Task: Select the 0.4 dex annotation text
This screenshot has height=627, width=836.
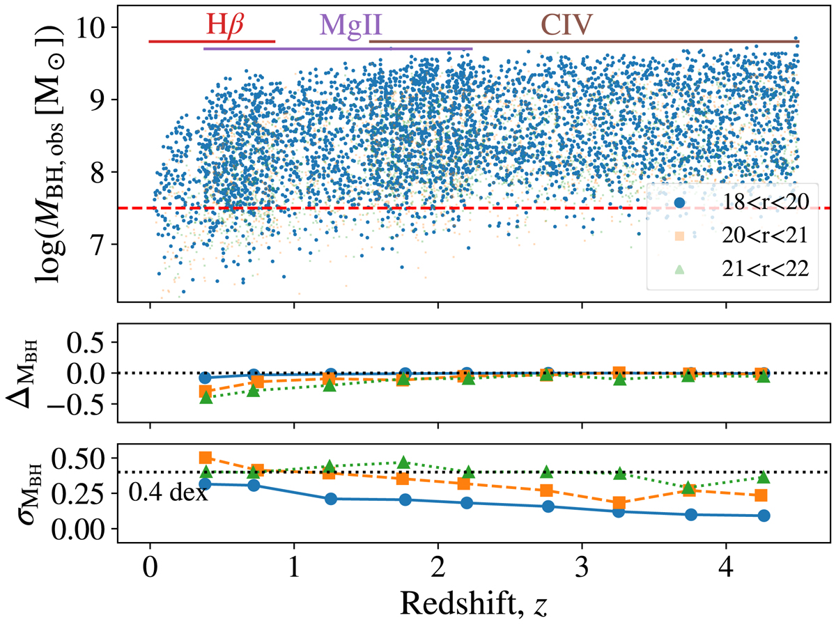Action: coord(168,493)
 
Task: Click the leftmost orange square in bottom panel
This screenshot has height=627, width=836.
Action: coord(206,458)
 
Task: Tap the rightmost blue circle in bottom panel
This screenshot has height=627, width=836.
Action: coord(764,516)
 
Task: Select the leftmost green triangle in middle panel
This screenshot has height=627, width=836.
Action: coord(206,397)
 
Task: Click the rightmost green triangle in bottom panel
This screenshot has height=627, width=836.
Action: coord(764,477)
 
